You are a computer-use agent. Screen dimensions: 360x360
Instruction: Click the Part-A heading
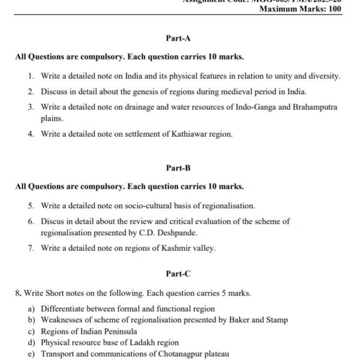178,38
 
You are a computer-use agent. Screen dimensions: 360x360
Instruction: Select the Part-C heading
178,274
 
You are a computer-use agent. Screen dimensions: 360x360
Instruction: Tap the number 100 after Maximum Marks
331,9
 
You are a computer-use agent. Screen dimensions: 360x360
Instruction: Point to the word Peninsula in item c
119,331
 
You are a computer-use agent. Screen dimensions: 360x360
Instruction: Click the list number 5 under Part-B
31,206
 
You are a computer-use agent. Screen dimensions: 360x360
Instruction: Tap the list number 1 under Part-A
31,76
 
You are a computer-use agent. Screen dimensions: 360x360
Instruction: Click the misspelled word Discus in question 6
52,221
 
